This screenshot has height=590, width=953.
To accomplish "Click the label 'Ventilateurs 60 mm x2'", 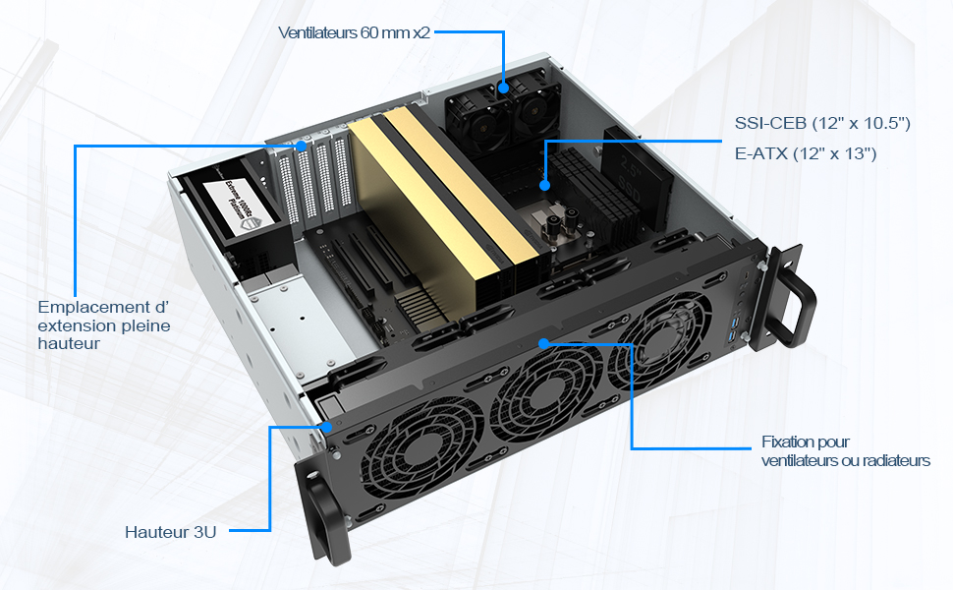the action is click(x=355, y=32).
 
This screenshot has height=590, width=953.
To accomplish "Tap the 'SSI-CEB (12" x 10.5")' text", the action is click(x=822, y=124).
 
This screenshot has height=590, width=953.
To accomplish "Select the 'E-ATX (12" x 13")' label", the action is click(x=806, y=153).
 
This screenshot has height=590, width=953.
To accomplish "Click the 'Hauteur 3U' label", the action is click(x=171, y=532).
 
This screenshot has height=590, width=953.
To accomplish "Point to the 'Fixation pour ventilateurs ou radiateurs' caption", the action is click(x=846, y=450).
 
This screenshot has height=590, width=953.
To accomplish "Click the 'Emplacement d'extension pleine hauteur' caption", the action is click(x=104, y=324).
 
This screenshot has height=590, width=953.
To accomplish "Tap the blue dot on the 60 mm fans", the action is click(x=503, y=88).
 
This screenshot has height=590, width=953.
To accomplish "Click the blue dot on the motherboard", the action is click(x=544, y=185).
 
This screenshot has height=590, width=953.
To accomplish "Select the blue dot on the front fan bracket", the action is click(x=544, y=343).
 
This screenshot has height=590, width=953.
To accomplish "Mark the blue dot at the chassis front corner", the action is click(x=327, y=427).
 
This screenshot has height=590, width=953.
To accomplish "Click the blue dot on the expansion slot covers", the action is click(x=302, y=146).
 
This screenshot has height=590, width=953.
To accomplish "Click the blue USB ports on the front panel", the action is click(x=736, y=328).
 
